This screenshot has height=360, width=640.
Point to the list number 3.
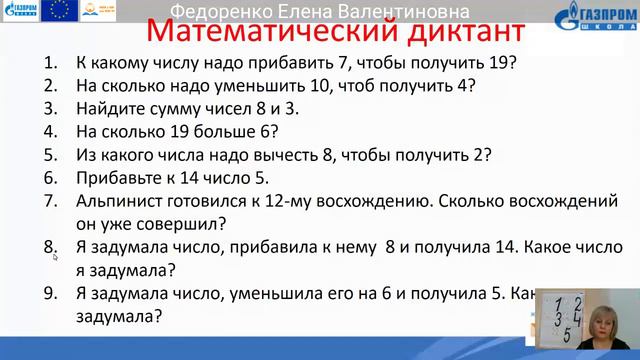50,108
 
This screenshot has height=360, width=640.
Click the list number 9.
50,294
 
